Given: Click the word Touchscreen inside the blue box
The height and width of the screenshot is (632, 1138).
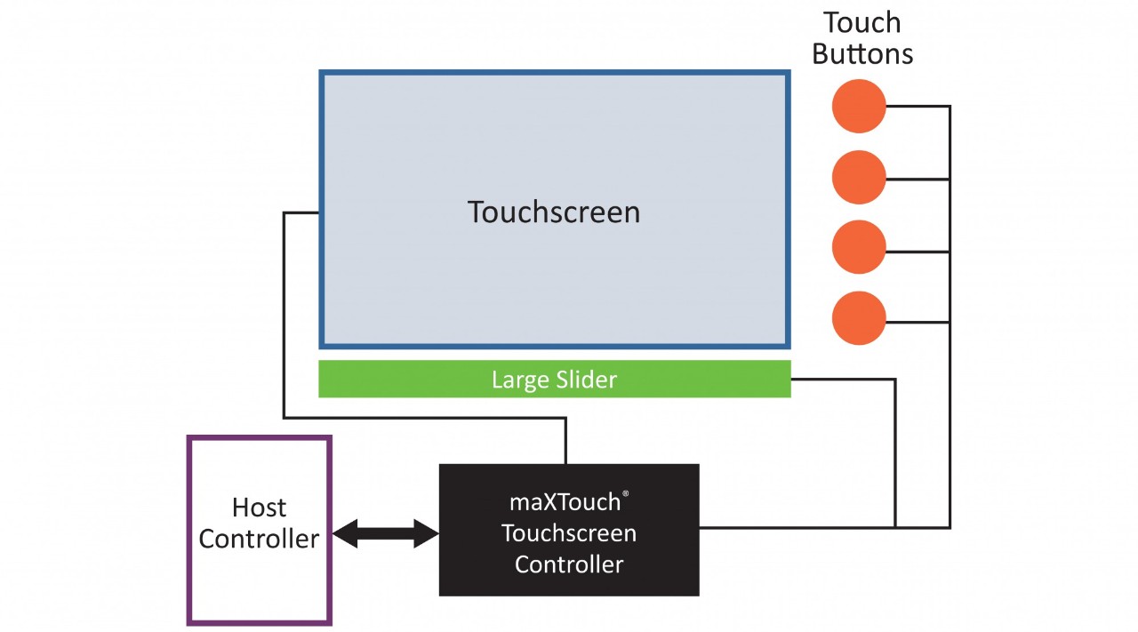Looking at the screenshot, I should tap(553, 212).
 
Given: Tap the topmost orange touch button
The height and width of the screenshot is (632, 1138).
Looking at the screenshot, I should tap(859, 106).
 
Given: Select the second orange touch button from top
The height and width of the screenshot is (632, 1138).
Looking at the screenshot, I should tap(859, 178).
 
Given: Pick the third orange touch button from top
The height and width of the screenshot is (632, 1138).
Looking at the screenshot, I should tap(859, 248).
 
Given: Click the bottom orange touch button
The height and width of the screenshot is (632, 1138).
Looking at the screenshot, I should tap(859, 318).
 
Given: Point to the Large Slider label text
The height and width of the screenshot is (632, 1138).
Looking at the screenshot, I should tap(554, 380).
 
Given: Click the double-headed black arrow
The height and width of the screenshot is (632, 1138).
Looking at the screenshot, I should tap(386, 534).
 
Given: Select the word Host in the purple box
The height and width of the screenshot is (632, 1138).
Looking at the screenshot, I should tap(259, 508).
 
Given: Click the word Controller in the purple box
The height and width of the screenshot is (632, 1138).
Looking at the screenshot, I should tap(259, 539).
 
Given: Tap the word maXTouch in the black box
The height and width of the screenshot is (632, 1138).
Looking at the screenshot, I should tap(565, 502).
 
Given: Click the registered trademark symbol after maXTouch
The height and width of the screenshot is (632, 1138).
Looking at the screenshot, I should tap(626, 494).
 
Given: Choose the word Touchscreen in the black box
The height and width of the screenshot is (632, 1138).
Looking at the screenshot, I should tap(569, 533).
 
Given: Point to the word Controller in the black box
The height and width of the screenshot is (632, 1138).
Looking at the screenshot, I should tap(569, 564).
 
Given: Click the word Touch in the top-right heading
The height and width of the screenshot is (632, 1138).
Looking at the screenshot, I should tap(862, 22).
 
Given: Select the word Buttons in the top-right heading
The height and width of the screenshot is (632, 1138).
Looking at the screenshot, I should tap(862, 53).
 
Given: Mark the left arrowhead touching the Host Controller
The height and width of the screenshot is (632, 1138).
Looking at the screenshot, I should tap(345, 534).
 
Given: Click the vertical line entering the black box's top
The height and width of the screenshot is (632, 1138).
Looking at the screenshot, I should tap(565, 441).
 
